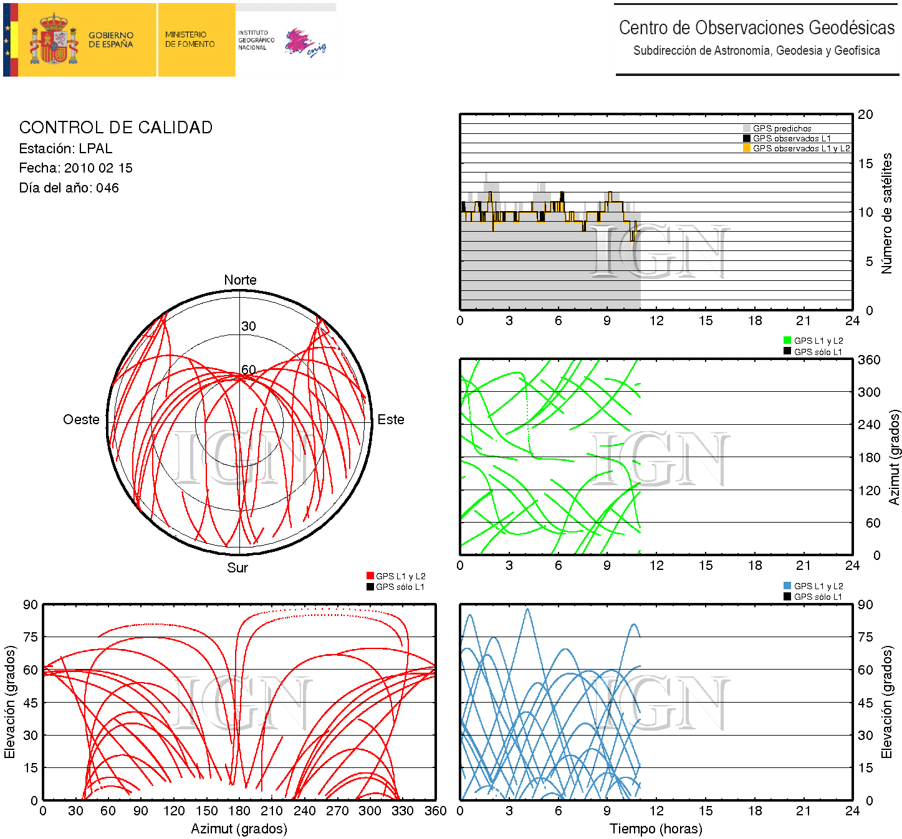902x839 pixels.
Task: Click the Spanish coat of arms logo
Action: [55, 40]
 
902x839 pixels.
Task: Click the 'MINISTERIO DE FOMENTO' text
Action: [190, 39]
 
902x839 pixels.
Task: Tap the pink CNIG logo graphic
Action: [305, 42]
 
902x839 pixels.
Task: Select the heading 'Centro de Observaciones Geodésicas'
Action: [756, 28]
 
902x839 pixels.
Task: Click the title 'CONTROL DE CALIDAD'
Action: [116, 128]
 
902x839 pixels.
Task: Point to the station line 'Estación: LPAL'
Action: [65, 149]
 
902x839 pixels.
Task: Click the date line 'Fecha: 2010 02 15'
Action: [75, 168]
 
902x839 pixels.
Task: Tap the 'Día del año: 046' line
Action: [69, 188]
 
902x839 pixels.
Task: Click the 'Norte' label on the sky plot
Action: [240, 280]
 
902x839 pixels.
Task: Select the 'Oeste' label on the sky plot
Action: [81, 420]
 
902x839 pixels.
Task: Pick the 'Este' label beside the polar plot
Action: [391, 420]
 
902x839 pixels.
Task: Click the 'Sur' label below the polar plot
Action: [237, 568]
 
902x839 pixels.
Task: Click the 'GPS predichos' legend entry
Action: [782, 129]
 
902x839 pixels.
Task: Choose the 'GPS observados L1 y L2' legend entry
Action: [800, 149]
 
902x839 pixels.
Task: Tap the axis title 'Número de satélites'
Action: [886, 213]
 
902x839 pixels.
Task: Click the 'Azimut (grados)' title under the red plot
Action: [239, 829]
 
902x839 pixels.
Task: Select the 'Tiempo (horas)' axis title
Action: [656, 829]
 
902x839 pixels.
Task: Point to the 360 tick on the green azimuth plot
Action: [869, 360]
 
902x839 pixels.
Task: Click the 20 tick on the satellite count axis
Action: [865, 115]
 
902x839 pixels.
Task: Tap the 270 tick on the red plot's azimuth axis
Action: [337, 811]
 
